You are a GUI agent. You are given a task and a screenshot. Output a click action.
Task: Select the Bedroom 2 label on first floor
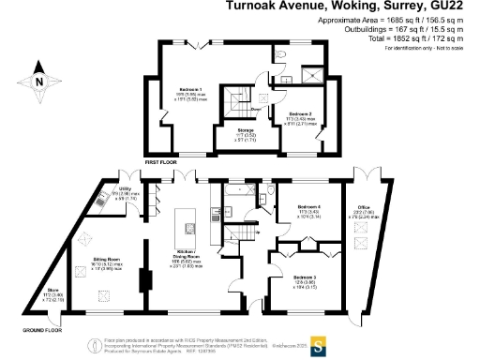tap(300, 115)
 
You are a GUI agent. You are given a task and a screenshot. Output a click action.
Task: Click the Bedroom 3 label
tap(305, 278)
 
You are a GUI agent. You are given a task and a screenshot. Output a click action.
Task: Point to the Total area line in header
tap(418, 37)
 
